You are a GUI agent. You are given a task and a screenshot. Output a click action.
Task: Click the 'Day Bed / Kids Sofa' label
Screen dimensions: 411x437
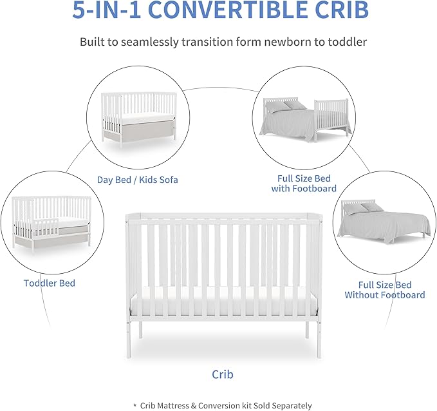[x=137, y=180]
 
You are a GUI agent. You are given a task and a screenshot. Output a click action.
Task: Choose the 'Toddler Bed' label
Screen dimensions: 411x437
[x=50, y=283]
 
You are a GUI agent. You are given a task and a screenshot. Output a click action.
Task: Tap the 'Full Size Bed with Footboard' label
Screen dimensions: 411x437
[x=304, y=184]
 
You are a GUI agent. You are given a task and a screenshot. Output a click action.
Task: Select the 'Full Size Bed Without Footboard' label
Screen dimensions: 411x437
[x=384, y=290]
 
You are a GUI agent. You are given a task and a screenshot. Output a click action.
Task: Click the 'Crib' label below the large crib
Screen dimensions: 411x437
[x=223, y=374]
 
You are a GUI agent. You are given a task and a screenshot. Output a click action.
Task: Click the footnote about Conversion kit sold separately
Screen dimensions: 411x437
[x=223, y=405]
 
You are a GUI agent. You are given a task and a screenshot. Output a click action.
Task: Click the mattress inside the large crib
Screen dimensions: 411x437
[x=223, y=303]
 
